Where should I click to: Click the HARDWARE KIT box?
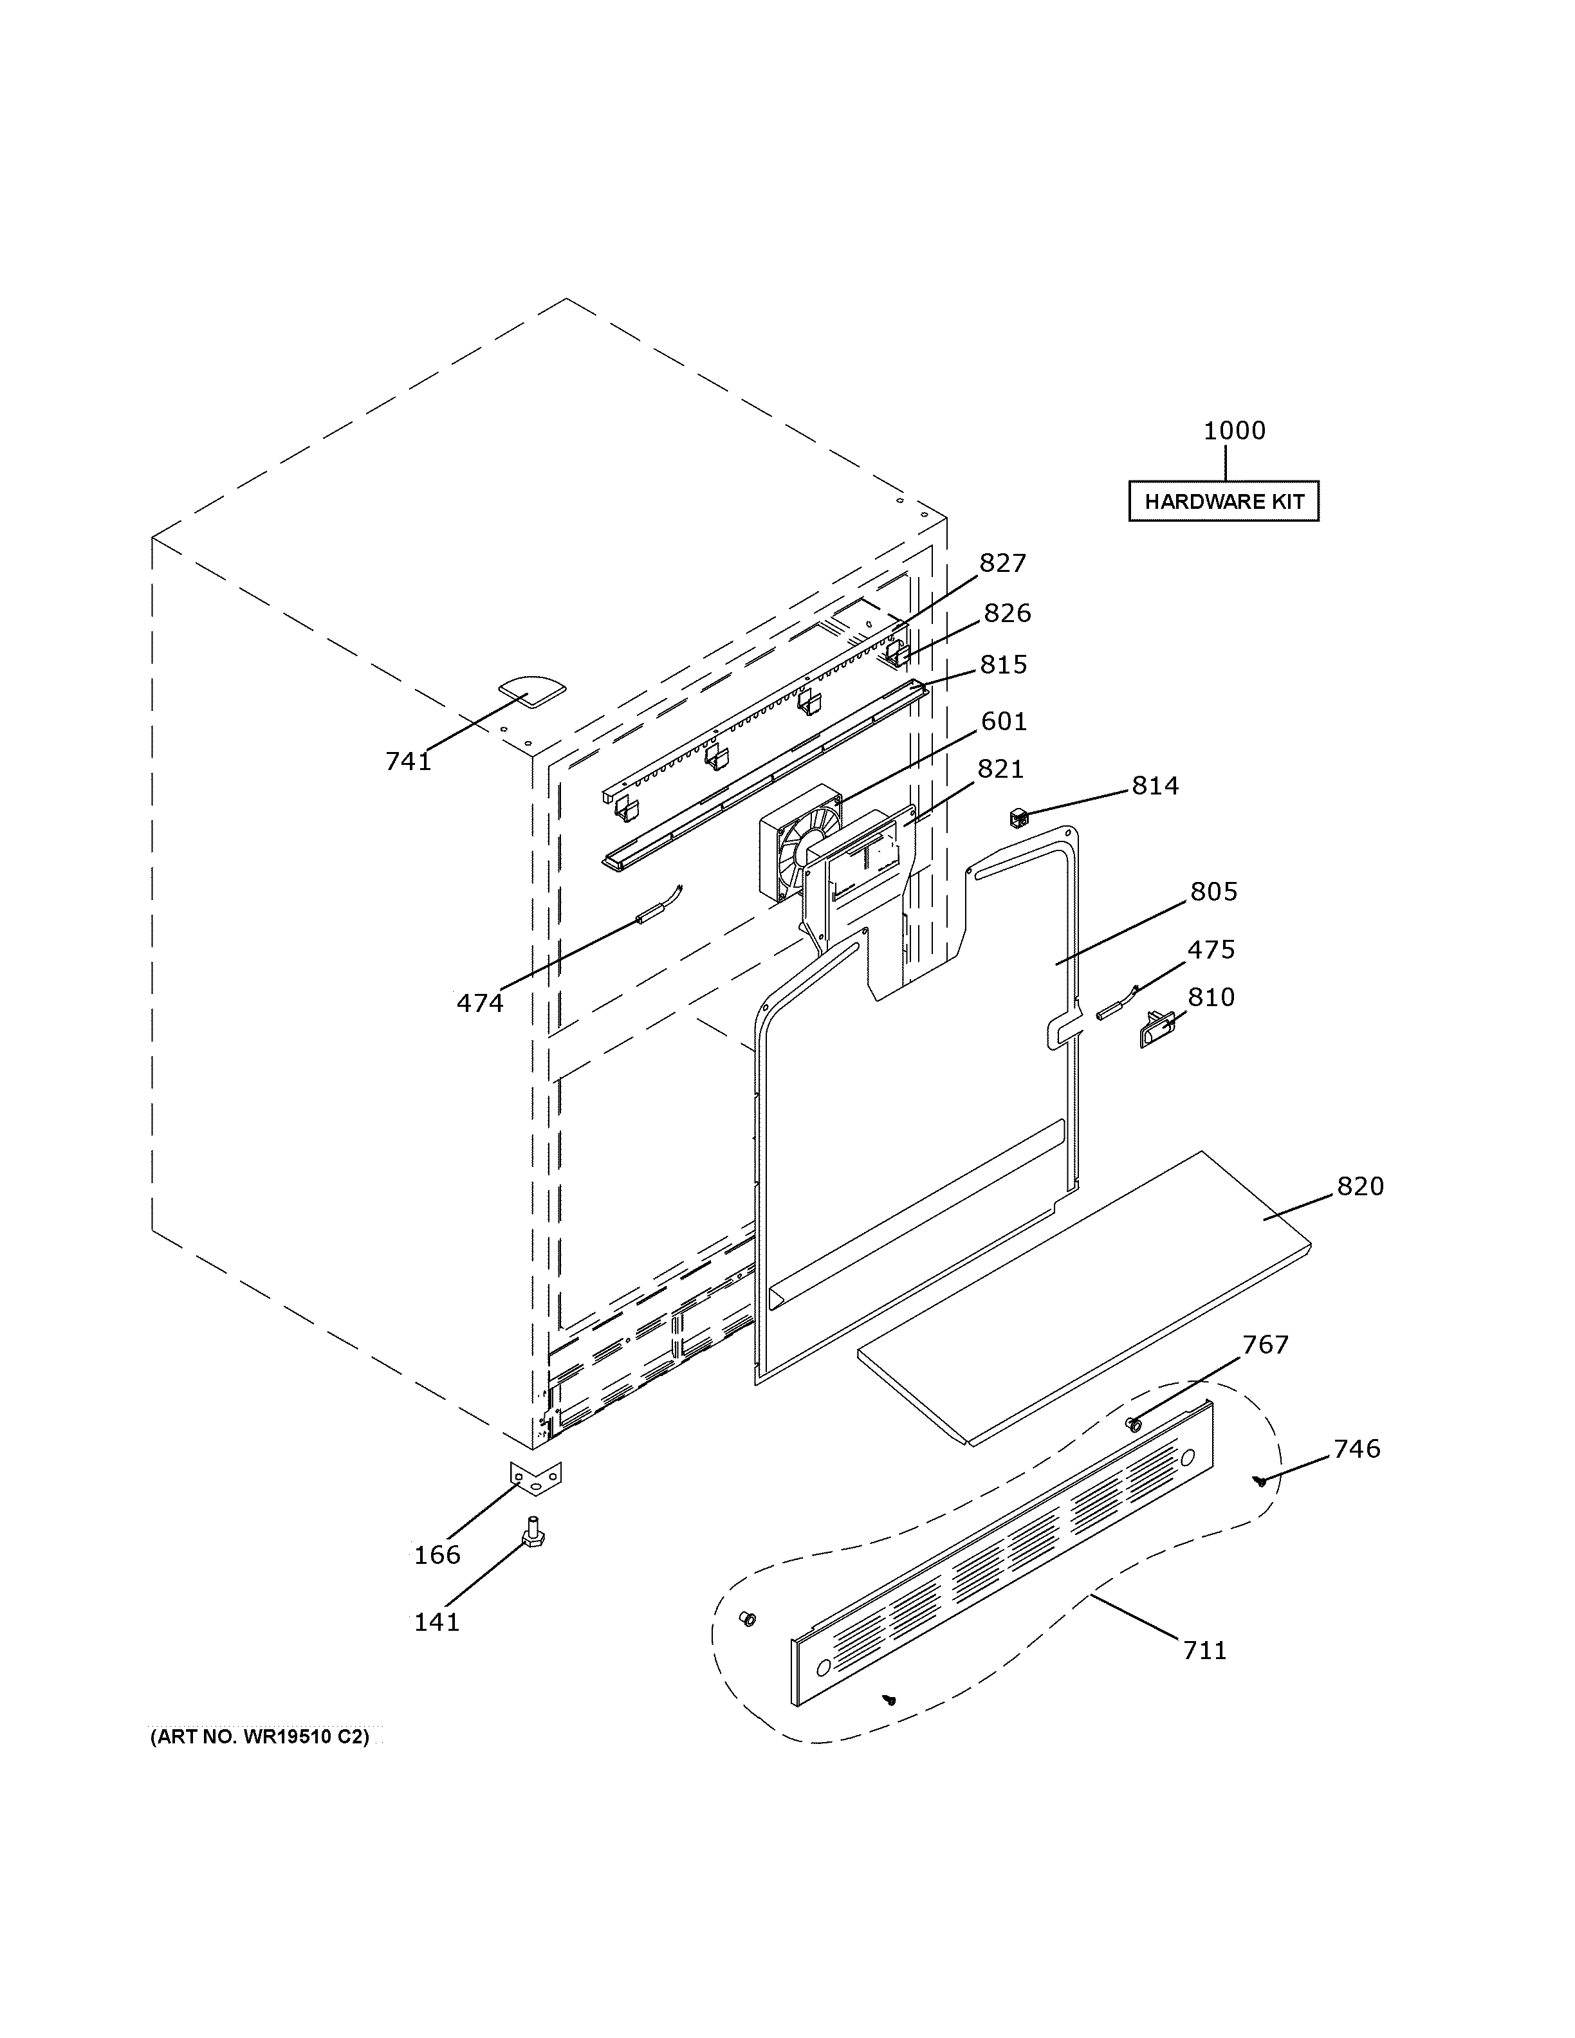point(1223,501)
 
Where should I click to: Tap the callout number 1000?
point(1233,431)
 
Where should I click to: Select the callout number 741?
point(408,762)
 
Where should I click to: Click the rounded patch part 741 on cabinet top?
point(531,690)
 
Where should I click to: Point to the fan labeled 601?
point(800,843)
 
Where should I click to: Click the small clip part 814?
point(1018,820)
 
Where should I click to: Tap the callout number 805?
point(1213,892)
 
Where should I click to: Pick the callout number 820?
point(1359,1187)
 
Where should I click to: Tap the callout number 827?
point(1002,564)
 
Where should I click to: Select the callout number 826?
point(1007,613)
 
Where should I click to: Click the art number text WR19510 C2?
point(261,1738)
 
